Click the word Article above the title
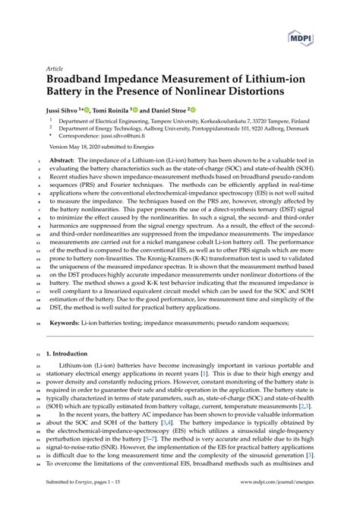58,67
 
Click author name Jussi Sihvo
66,109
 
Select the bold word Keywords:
66,323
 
